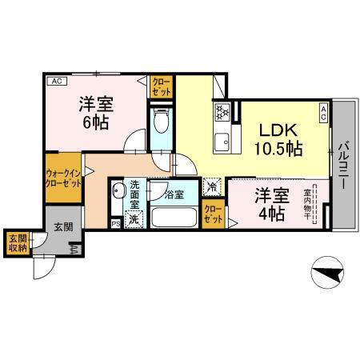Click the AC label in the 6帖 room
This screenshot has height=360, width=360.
pyautogui.click(x=57, y=81)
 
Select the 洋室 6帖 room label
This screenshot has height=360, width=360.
pyautogui.click(x=94, y=113)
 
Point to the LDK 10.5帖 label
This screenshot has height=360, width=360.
pyautogui.click(x=278, y=138)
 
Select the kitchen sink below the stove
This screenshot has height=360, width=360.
pyautogui.click(x=221, y=142)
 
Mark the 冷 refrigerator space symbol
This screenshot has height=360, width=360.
pyautogui.click(x=211, y=186)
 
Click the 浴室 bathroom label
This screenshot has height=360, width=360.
pyautogui.click(x=174, y=194)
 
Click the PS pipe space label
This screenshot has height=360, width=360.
pyautogui.click(x=116, y=223)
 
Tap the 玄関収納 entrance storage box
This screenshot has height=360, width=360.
pyautogui.click(x=17, y=243)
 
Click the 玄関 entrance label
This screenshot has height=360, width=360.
pyautogui.click(x=63, y=227)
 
